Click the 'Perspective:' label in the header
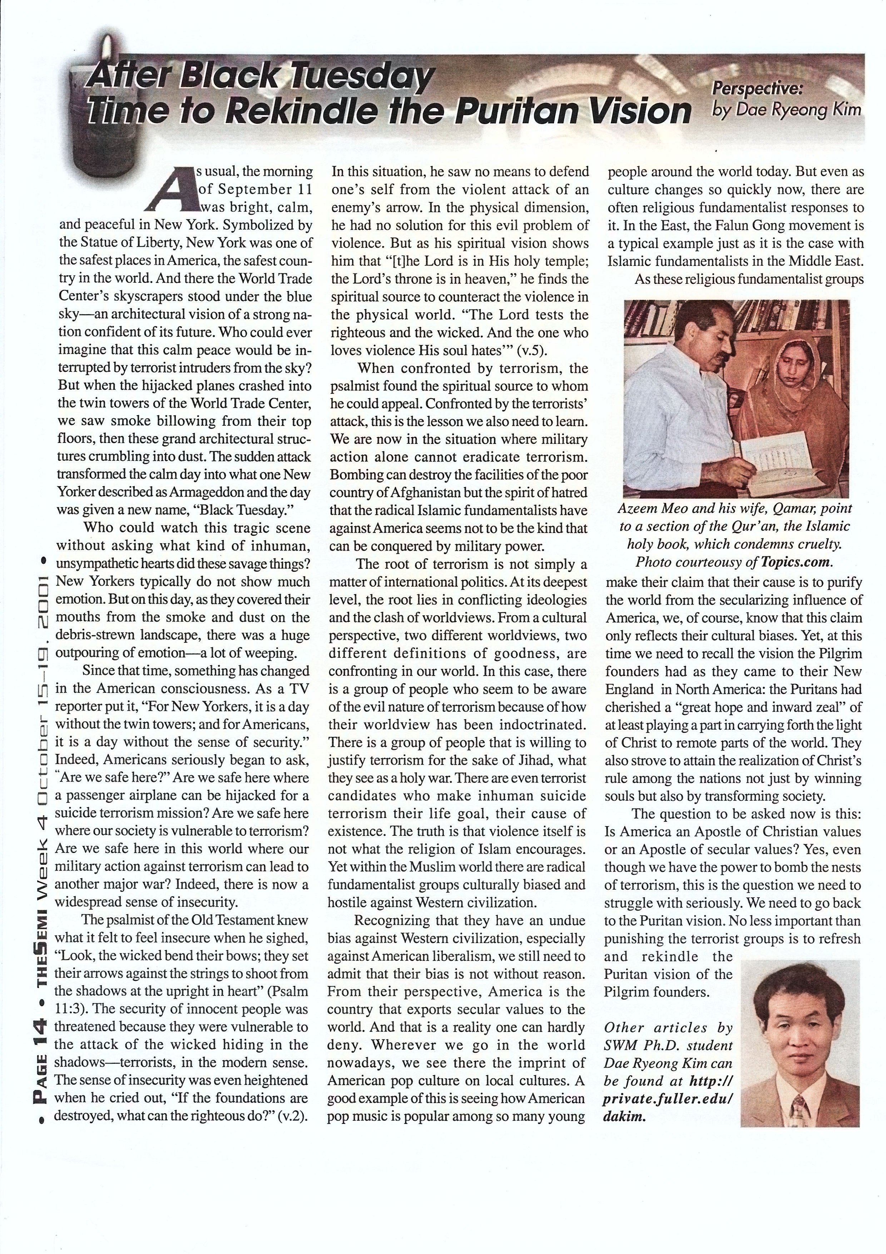[760, 89]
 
